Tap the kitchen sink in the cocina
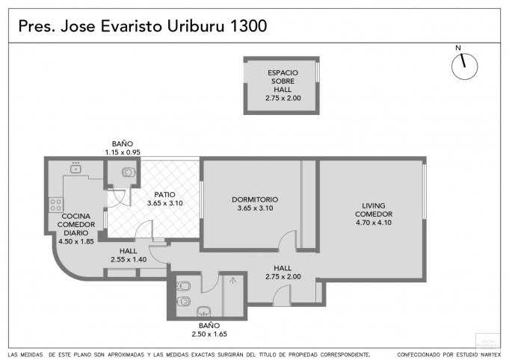(x=75, y=168)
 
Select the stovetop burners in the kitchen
(x=56, y=205)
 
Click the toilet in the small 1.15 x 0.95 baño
(x=129, y=172)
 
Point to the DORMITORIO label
(x=255, y=199)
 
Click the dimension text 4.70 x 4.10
(x=374, y=223)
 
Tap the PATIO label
(x=164, y=195)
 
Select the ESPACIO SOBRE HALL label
(x=283, y=81)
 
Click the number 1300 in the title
(x=248, y=26)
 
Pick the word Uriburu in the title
(x=196, y=26)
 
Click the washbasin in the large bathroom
(x=203, y=311)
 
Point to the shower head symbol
(x=232, y=281)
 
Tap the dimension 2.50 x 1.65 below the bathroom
(x=209, y=334)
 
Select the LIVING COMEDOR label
(x=374, y=210)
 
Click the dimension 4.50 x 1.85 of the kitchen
(x=76, y=241)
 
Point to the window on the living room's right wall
(x=425, y=191)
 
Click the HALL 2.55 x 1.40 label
(x=129, y=255)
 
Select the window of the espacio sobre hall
(x=318, y=72)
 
